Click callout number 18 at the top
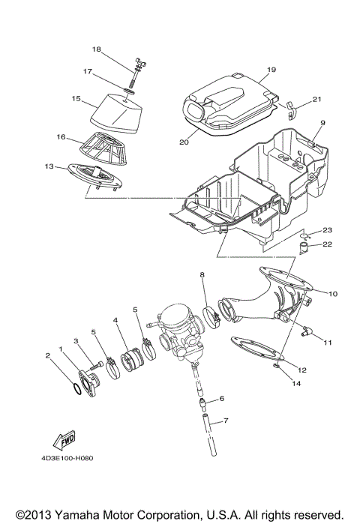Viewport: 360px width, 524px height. (96, 49)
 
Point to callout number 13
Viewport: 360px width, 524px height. (49, 166)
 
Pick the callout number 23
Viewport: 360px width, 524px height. (327, 229)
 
